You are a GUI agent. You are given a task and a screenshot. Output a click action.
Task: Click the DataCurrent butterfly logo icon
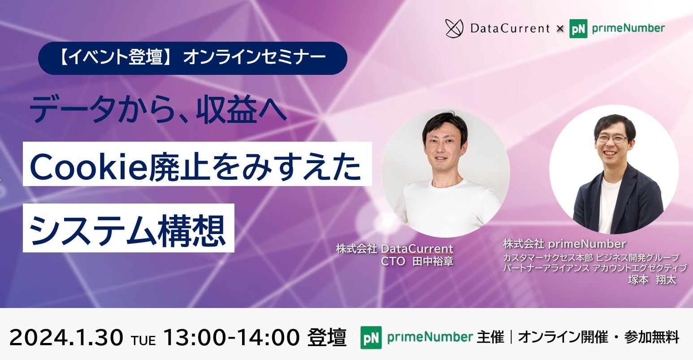point(454,29)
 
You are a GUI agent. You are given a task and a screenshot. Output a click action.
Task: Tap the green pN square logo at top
point(578,29)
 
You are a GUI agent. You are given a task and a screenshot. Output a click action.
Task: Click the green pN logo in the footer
point(371,338)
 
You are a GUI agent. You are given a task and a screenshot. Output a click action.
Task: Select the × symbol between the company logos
point(560,29)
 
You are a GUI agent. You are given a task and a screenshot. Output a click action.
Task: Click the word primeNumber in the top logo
point(628,28)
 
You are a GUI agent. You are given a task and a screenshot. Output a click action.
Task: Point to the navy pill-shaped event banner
point(192,58)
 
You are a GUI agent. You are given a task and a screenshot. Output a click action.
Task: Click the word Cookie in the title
point(89,167)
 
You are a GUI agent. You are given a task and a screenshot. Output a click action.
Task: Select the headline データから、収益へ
point(158,109)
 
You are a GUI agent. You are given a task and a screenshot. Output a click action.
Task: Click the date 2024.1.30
point(66,338)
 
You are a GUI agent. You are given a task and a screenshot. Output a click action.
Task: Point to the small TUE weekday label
point(143,341)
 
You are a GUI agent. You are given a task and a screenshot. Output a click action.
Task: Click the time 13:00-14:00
point(231,338)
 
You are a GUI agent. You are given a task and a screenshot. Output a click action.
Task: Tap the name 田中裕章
point(433,261)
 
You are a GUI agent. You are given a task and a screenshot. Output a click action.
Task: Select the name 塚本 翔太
point(652,280)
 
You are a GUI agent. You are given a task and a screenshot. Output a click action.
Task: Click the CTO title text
point(393,261)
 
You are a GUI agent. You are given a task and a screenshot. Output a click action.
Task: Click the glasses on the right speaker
point(612,139)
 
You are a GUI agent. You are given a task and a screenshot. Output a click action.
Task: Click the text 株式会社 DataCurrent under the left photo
point(395,248)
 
